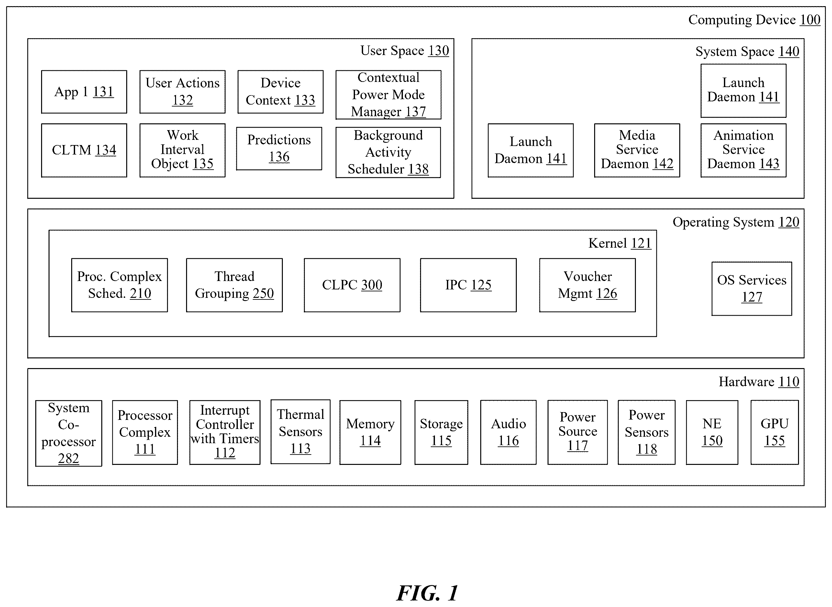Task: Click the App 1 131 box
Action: pyautogui.click(x=84, y=92)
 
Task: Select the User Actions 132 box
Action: pyautogui.click(x=182, y=92)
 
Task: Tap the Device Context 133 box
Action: pyautogui.click(x=280, y=92)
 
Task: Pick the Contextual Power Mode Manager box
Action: pyautogui.click(x=388, y=95)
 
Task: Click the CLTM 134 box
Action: pyautogui.click(x=84, y=150)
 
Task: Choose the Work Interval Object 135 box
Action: pyautogui.click(x=182, y=150)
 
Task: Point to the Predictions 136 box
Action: pyautogui.click(x=279, y=149)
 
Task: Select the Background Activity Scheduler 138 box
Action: pyautogui.click(x=388, y=152)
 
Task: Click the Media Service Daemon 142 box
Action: pyautogui.click(x=637, y=150)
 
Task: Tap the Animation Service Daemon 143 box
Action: pyautogui.click(x=743, y=150)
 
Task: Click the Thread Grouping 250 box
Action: pyautogui.click(x=234, y=285)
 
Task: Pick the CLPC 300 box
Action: pyautogui.click(x=352, y=285)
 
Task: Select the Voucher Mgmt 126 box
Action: pyautogui.click(x=587, y=285)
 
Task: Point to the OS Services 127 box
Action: pyautogui.click(x=751, y=288)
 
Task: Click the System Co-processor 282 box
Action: pyautogui.click(x=69, y=433)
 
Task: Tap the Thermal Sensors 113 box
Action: pyautogui.click(x=301, y=432)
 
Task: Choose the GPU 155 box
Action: pyautogui.click(x=774, y=433)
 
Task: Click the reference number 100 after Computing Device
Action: pyautogui.click(x=810, y=19)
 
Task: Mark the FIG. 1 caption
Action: pyautogui.click(x=427, y=593)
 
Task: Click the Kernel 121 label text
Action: pyautogui.click(x=620, y=243)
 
